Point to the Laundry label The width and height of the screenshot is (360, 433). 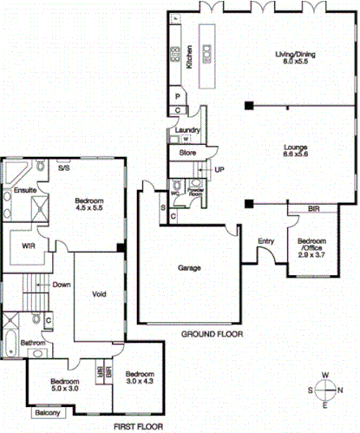[187, 131]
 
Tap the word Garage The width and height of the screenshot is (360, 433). [190, 268]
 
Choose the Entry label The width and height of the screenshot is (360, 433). [266, 241]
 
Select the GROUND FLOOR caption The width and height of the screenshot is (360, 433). [212, 334]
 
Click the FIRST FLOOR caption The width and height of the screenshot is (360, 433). [140, 427]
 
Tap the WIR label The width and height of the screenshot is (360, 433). [29, 246]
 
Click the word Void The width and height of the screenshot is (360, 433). [99, 293]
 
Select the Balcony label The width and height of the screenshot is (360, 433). [48, 413]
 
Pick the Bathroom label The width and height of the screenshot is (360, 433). [33, 343]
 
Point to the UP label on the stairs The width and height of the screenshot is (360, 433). [219, 169]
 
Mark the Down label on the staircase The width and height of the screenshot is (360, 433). [61, 285]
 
